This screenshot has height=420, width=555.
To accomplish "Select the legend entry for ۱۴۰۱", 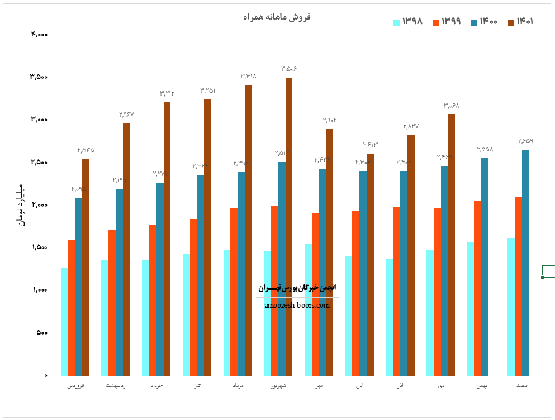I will (520, 22).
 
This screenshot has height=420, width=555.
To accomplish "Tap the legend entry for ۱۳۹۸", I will (408, 22).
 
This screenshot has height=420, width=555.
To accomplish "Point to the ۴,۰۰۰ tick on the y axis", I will (39, 35).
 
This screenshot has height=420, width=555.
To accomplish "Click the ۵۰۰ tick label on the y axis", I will (42, 333).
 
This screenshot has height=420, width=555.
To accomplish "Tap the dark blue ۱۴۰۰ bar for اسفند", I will (525, 262).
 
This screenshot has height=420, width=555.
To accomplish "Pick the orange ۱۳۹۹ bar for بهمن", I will (478, 288).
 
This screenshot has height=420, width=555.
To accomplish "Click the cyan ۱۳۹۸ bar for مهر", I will (308, 309).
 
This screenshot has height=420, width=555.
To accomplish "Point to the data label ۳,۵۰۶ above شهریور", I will (289, 69).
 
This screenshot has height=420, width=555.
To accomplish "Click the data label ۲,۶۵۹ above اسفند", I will (525, 141).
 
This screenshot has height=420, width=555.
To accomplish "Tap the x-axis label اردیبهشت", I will (116, 386).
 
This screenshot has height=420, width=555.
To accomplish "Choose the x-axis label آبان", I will (359, 386).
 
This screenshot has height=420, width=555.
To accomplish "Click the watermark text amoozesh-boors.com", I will (297, 306).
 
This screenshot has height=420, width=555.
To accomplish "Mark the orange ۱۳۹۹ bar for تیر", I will (193, 297).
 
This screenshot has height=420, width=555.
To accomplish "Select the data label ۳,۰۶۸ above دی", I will (452, 106).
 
